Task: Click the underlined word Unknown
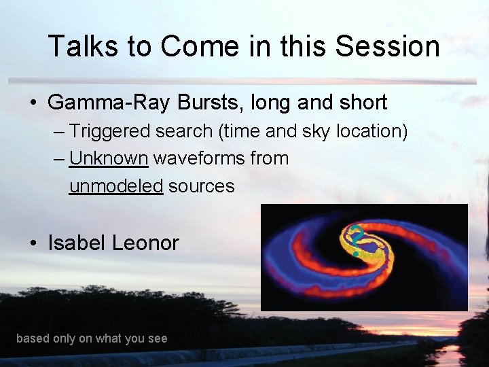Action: point(109,158)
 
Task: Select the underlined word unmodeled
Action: point(116,186)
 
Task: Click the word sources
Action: point(201,186)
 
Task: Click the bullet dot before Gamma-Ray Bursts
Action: point(33,103)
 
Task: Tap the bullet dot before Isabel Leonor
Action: point(33,243)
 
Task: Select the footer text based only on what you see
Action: point(92,338)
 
